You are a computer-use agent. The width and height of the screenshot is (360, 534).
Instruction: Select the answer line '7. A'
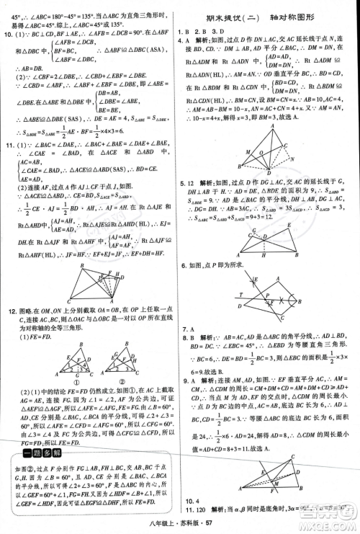[190, 327]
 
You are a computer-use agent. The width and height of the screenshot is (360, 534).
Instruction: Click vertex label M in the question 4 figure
[248, 152]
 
